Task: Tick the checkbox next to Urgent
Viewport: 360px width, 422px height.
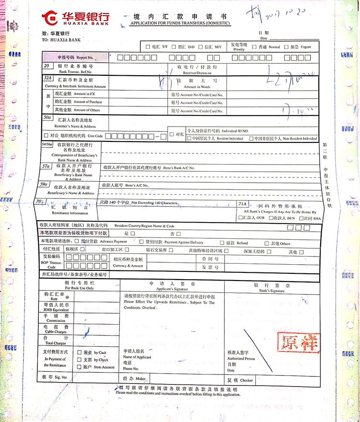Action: point(287,47)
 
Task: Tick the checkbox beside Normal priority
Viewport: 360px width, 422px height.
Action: point(255,47)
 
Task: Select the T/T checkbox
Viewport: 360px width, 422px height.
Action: point(148,47)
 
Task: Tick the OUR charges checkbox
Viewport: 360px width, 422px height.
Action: point(241,218)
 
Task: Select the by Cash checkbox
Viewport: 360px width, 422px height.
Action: point(80,352)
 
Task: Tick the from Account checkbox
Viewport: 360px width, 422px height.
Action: point(80,367)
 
